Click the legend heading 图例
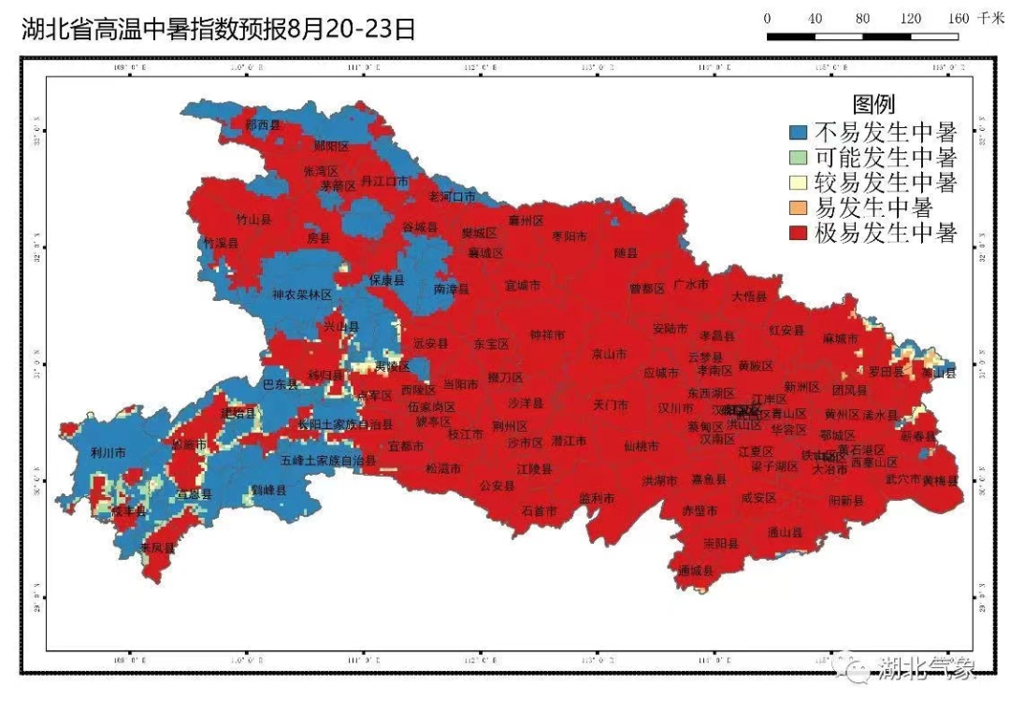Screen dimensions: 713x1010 873,104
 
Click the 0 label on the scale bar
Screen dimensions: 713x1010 767,19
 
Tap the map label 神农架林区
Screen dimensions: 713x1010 302,294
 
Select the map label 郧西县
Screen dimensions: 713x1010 262,124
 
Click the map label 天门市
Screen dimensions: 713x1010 612,406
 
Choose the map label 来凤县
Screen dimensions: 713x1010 157,548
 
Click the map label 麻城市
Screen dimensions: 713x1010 840,337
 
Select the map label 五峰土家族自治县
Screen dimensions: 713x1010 327,461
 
